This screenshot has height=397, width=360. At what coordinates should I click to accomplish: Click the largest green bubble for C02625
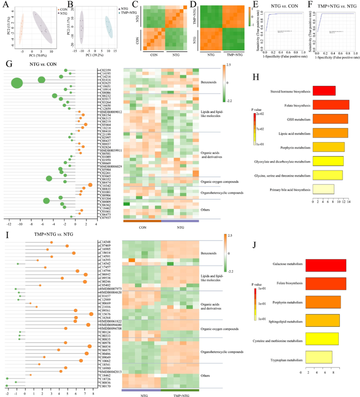17,83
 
